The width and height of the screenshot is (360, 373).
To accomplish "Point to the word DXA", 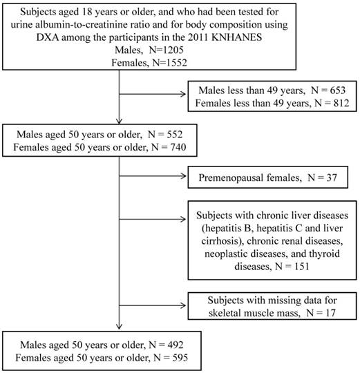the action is tap(48, 37).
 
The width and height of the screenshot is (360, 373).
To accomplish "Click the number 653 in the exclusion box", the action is tap(338, 90).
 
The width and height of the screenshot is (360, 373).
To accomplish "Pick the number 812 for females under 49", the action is tap(341, 103).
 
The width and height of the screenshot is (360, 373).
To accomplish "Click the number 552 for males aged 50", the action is tap(174, 135).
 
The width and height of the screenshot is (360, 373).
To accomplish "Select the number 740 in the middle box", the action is tap(178, 147).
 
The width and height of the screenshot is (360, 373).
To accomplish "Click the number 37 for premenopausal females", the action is tap(332, 178).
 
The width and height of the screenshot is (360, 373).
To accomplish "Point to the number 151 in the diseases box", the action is tap(302, 267).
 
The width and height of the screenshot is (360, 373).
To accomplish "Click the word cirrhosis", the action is tap(222, 241).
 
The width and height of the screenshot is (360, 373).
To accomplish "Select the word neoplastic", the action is tap(227, 254).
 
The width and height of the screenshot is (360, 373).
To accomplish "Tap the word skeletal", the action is tap(222, 313).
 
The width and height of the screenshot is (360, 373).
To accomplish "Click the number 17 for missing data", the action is tap(330, 313).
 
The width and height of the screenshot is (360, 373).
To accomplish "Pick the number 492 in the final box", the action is tap(175, 345).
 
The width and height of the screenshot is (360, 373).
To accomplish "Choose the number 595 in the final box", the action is tap(180, 358).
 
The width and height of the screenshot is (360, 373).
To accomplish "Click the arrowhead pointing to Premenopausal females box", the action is tap(184, 176).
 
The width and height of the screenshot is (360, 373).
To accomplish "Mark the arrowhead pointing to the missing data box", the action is tap(183, 305).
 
